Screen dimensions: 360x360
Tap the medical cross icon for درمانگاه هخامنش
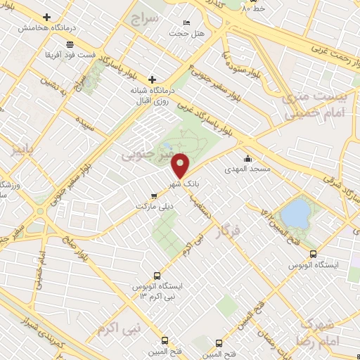point(47,17)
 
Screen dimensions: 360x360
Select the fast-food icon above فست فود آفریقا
point(70,44)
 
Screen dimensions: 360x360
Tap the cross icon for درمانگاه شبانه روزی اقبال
point(152,79)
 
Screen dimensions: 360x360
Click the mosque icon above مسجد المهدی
point(247,159)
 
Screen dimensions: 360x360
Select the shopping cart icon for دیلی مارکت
point(154,197)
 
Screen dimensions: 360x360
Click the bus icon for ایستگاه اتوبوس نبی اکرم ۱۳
point(157,276)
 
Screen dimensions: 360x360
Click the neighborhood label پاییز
point(22,149)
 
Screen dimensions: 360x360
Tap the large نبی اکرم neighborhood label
point(120,328)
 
